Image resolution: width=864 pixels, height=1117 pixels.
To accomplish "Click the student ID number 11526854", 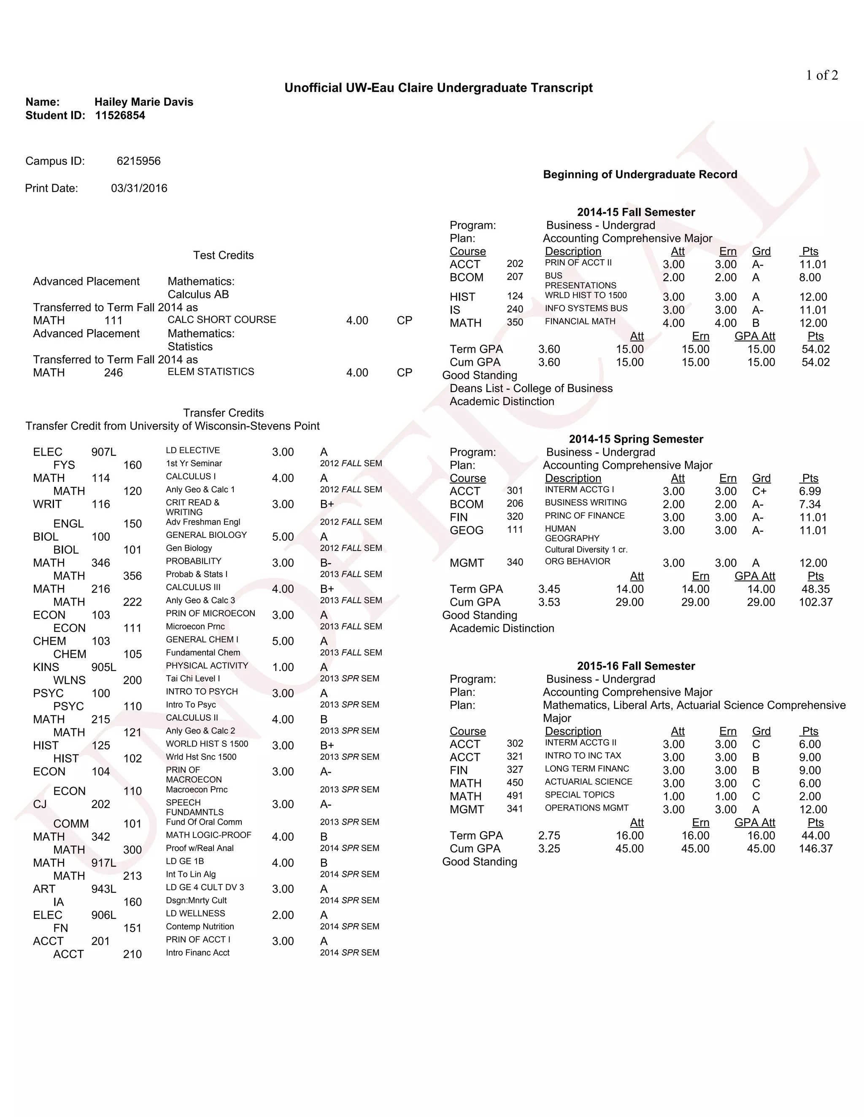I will [120, 115].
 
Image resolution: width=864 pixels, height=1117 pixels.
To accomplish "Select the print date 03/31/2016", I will [139, 188].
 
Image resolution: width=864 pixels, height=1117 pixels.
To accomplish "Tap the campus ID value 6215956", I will [138, 161].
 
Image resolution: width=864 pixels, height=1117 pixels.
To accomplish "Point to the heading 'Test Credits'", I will [223, 255].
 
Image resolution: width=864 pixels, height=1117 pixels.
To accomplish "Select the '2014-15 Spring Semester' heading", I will [636, 439].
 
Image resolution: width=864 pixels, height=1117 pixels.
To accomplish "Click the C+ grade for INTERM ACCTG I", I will [759, 491].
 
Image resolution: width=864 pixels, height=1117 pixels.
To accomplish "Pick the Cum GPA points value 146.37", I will [815, 849].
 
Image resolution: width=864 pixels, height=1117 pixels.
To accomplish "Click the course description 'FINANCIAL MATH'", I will [580, 322].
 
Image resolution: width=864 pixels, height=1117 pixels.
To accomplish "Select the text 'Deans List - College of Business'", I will [531, 389].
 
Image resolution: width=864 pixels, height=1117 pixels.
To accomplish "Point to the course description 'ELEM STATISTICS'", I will [211, 372].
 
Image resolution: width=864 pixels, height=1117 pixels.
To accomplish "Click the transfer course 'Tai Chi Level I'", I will [192, 679].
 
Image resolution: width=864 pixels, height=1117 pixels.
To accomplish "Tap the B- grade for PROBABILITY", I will [326, 563].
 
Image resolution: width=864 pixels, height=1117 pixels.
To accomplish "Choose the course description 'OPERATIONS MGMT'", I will [586, 808].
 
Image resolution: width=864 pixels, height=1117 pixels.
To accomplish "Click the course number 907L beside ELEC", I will [103, 452].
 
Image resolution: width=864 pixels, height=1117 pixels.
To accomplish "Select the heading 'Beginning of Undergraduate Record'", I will [640, 175].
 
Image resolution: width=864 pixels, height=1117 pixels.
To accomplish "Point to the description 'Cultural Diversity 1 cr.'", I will [586, 550].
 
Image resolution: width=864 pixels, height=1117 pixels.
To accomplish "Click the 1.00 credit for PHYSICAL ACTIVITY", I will [283, 667].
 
